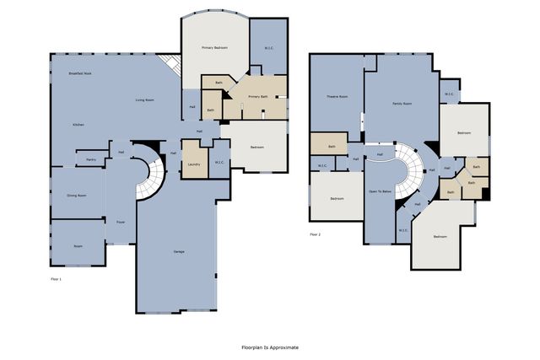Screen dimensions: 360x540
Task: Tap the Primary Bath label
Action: pyautogui.click(x=257, y=97)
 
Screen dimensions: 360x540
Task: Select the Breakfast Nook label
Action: pyautogui.click(x=80, y=74)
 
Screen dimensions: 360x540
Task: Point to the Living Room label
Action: pyautogui.click(x=145, y=100)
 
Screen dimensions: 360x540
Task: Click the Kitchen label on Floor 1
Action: pyautogui.click(x=78, y=124)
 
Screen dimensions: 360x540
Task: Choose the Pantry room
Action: pyautogui.click(x=90, y=159)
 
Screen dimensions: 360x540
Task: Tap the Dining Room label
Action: pyautogui.click(x=76, y=195)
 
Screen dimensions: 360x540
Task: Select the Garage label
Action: pyautogui.click(x=179, y=252)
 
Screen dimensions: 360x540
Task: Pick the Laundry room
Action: pyautogui.click(x=193, y=164)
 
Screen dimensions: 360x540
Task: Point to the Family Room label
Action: pyautogui.click(x=402, y=104)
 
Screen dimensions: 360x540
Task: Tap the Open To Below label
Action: pyautogui.click(x=380, y=191)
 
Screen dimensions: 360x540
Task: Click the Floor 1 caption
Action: pyautogui.click(x=56, y=278)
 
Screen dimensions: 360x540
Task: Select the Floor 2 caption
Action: pyautogui.click(x=315, y=234)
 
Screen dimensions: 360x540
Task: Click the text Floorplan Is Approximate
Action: pyautogui.click(x=270, y=347)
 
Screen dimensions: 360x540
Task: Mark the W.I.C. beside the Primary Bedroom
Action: pyautogui.click(x=268, y=48)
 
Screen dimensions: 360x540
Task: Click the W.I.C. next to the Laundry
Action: pyautogui.click(x=219, y=162)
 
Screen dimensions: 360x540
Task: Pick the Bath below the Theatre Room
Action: pyautogui.click(x=332, y=146)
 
